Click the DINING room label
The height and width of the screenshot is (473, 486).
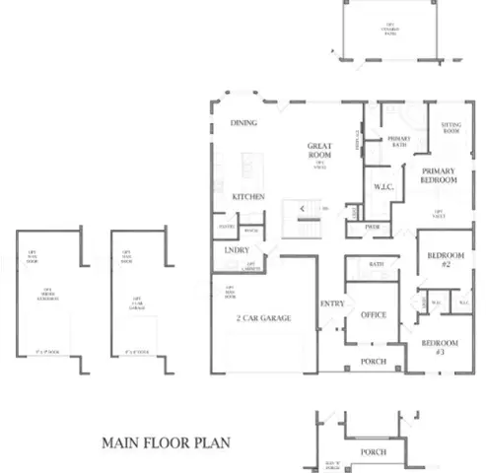[x=243, y=123]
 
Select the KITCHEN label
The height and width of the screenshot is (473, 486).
[x=247, y=197]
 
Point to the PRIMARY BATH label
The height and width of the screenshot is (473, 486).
[x=398, y=143]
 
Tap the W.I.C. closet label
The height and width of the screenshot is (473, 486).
[x=383, y=187]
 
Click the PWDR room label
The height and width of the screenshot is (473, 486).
[x=372, y=226]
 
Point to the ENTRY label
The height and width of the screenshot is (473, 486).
[x=332, y=304]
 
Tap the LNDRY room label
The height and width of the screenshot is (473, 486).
[x=237, y=250]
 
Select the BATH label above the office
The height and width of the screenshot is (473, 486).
[x=377, y=264]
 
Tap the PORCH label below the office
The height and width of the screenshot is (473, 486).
[x=374, y=362]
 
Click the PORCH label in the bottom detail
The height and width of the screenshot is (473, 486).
[x=374, y=452]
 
